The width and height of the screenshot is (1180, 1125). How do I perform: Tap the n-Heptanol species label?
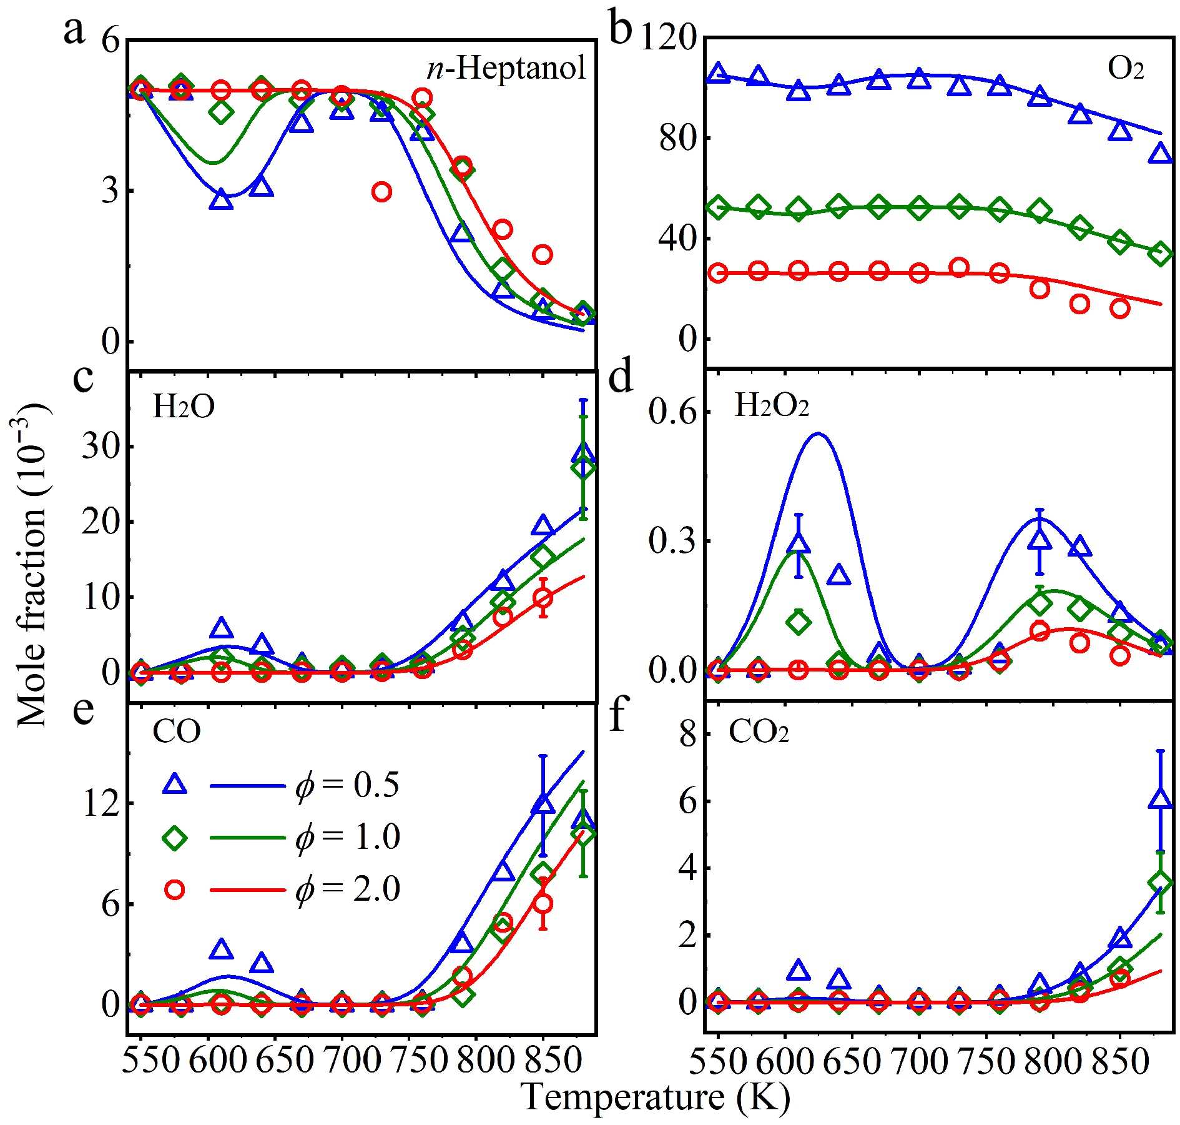point(506,67)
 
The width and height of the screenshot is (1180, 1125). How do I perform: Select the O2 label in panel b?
point(1126,68)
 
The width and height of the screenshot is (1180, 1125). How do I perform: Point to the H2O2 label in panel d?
point(772,405)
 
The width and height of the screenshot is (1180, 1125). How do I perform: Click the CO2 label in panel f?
point(758,731)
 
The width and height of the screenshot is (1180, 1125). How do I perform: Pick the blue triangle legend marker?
point(175,784)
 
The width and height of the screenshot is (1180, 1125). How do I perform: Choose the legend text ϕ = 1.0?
point(347,836)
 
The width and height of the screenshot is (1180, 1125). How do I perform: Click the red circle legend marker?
point(175,890)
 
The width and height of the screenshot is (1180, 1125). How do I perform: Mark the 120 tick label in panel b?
point(668,39)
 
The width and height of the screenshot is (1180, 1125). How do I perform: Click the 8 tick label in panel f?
point(688,734)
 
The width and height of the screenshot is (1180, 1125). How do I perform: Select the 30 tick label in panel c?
point(101,447)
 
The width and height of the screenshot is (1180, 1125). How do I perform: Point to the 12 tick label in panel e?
point(101,803)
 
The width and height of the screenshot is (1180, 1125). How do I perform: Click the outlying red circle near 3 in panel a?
point(381,192)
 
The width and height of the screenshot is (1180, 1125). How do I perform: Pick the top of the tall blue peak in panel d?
point(818,434)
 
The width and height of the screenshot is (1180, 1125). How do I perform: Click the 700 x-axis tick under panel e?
point(342,1059)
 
